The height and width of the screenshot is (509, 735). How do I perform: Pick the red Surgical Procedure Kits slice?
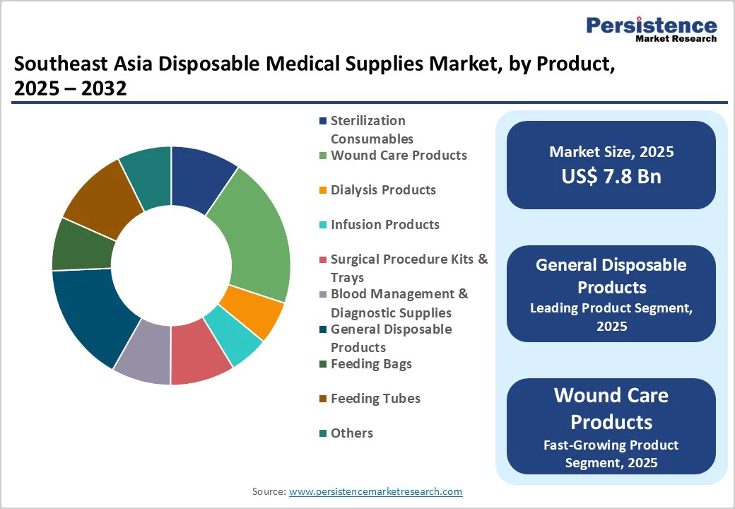(x=201, y=357)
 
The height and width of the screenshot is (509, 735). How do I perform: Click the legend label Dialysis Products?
(x=383, y=189)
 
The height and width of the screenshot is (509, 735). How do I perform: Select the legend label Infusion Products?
(x=385, y=224)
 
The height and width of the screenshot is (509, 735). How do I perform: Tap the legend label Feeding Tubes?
(x=375, y=399)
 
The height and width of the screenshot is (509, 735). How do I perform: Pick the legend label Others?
(x=352, y=433)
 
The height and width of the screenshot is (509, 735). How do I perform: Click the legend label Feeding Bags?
(x=371, y=363)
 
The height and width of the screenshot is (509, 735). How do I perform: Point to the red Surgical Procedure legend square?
(x=323, y=259)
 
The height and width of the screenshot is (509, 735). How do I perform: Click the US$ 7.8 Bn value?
(x=611, y=176)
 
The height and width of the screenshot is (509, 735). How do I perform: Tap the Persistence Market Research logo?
(x=651, y=29)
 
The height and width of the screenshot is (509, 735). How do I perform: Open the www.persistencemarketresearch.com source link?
(x=375, y=491)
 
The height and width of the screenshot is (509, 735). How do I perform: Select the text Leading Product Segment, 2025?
(x=611, y=317)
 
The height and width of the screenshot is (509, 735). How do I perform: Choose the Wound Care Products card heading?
(x=611, y=408)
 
